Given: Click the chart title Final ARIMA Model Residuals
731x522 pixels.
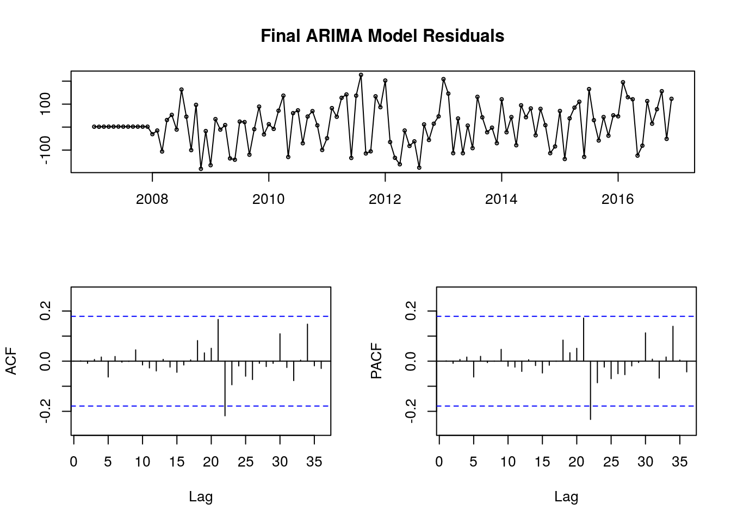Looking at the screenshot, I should (x=382, y=36).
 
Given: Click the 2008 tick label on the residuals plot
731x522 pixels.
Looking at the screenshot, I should (x=152, y=199).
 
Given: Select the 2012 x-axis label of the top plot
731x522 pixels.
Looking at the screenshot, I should (x=385, y=199).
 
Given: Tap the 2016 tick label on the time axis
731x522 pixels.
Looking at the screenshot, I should (x=617, y=199).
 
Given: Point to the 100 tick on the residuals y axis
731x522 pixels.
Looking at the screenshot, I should (x=45, y=104).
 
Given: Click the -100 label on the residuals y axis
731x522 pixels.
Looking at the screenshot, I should (x=45, y=150).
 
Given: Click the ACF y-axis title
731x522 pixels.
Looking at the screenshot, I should (x=11, y=361).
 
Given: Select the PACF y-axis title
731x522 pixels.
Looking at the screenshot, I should (x=376, y=361).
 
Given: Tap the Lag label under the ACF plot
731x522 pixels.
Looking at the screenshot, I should (x=201, y=496).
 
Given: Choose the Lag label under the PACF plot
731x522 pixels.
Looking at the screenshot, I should (x=566, y=496).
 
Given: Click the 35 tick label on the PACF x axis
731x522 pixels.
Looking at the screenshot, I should (x=680, y=462).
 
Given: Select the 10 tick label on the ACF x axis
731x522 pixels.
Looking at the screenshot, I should (x=143, y=462).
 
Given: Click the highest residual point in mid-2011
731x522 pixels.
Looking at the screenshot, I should (x=361, y=74).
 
